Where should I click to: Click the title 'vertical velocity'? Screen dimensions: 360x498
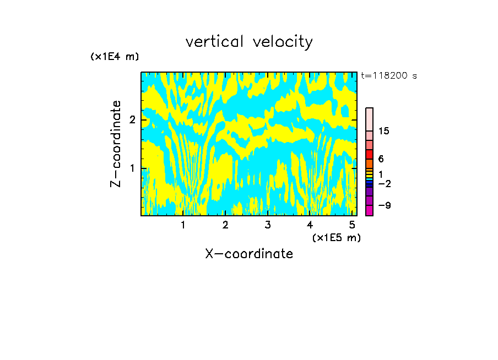(249, 42)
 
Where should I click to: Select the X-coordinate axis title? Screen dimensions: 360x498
(249, 254)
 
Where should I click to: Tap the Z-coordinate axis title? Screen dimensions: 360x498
(116, 144)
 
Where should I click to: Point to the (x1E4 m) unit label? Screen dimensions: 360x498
(115, 57)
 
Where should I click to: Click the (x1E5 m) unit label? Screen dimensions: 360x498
(336, 237)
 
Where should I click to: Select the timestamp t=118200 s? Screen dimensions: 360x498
(388, 76)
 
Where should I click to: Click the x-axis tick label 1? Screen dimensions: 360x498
(183, 225)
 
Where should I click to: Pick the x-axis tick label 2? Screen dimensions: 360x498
(225, 225)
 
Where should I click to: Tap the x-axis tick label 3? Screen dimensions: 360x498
(268, 225)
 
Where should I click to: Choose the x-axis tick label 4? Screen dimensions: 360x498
(310, 225)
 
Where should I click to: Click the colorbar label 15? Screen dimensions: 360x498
(384, 131)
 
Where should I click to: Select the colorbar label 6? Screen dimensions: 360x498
(381, 159)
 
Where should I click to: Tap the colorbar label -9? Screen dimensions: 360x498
(384, 205)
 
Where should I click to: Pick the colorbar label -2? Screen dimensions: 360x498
(384, 183)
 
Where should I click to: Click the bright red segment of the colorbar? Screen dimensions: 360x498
(369, 154)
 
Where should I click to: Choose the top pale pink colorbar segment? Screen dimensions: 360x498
(369, 119)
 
